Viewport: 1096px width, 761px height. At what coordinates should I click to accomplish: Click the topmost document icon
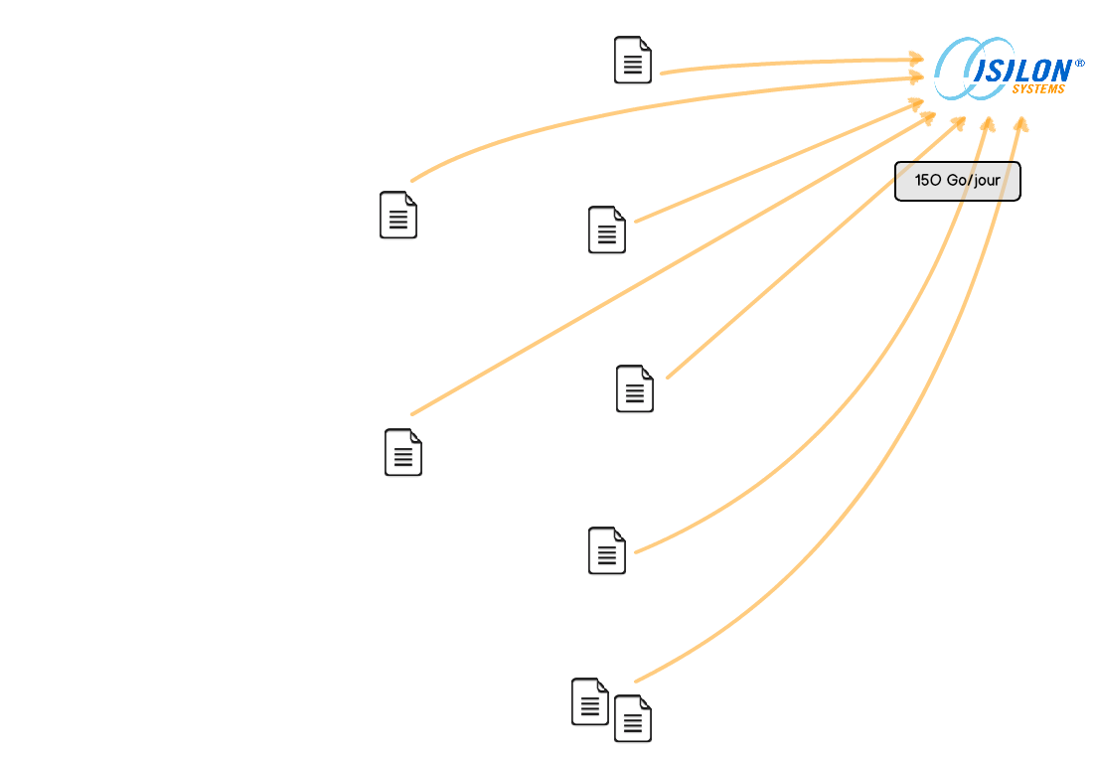[x=633, y=60]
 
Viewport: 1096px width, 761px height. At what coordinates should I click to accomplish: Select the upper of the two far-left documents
[x=398, y=216]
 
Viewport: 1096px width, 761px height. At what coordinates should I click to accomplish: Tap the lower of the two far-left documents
[x=403, y=452]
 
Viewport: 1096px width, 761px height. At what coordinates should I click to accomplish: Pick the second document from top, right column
[x=607, y=229]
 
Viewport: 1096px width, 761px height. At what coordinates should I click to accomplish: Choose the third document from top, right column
[x=635, y=388]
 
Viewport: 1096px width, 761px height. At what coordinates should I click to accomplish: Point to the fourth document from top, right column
[x=607, y=550]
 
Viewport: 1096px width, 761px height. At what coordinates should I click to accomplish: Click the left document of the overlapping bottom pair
[x=590, y=701]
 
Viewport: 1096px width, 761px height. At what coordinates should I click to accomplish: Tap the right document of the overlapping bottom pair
[x=633, y=718]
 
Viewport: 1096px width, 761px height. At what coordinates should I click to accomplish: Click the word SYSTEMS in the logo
[x=1038, y=89]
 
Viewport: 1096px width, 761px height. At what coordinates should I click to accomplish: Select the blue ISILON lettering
[x=1022, y=71]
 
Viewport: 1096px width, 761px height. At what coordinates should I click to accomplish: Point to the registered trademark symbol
[x=1080, y=64]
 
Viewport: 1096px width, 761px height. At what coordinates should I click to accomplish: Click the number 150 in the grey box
[x=928, y=180]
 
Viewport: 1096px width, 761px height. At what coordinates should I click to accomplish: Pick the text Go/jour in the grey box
[x=973, y=180]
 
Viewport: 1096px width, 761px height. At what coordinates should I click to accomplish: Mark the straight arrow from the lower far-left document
[x=673, y=263]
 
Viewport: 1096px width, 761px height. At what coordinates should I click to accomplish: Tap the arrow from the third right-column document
[x=817, y=247]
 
